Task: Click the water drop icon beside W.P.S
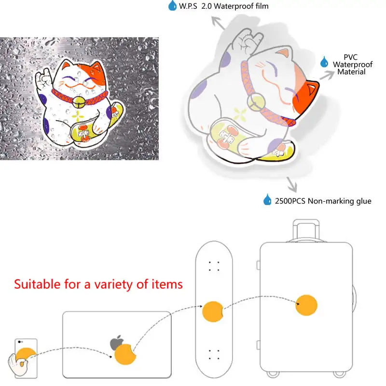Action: tap(172, 6)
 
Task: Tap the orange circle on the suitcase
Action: tap(306, 304)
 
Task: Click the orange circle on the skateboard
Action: tap(212, 311)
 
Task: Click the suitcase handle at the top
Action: tap(306, 227)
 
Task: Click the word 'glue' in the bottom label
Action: tap(362, 201)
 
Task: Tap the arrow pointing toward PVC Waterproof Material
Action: tap(328, 73)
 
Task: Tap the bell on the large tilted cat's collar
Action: tap(254, 102)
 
